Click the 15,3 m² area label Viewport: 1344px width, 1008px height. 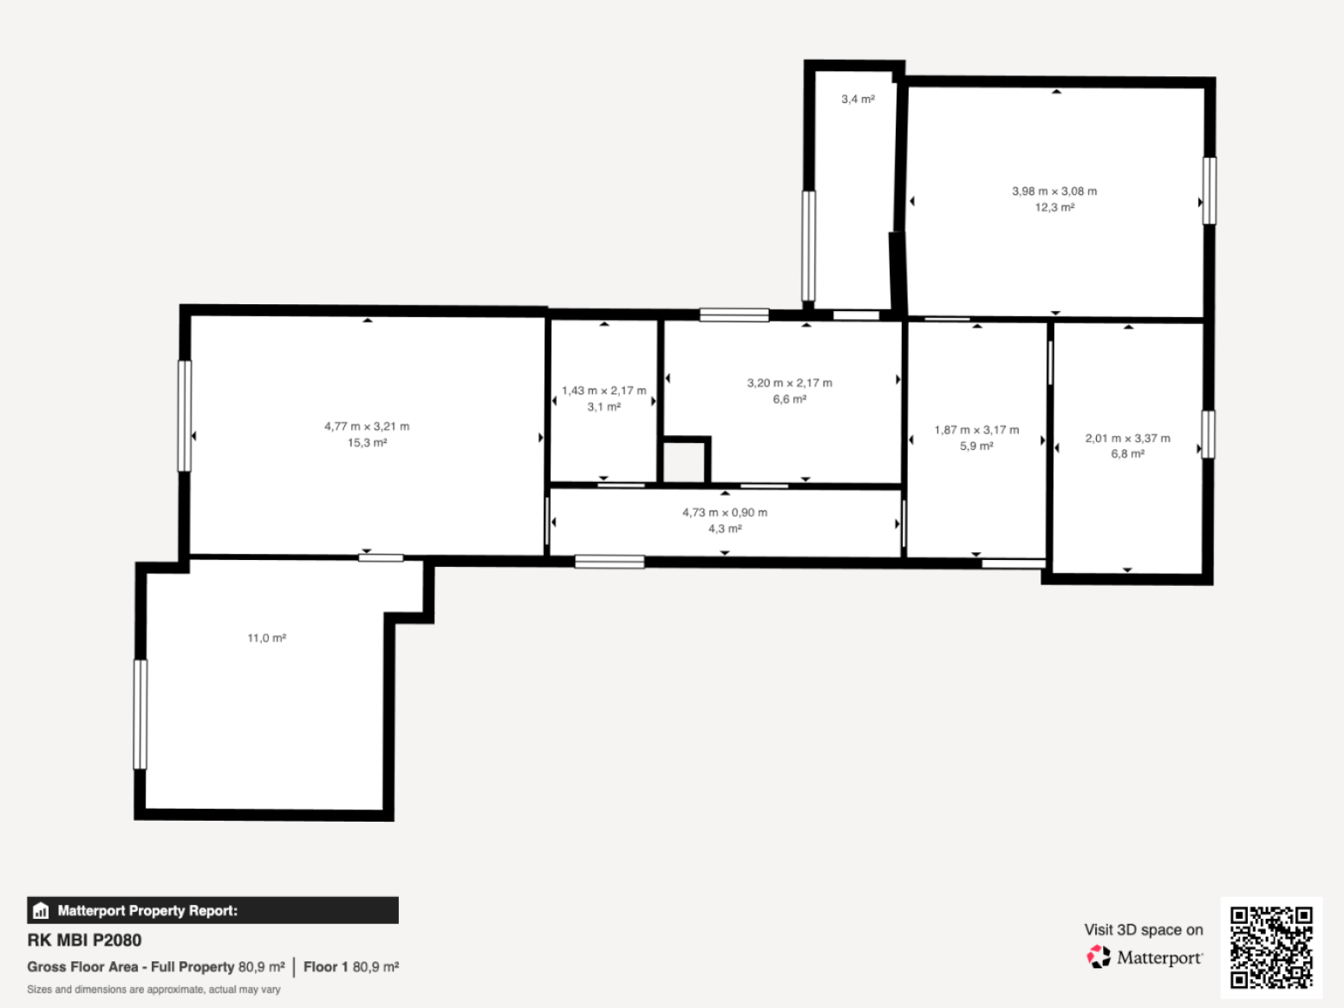coord(367,443)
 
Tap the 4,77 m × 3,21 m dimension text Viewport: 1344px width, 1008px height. coord(367,426)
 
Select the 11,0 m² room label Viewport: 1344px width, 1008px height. coord(266,638)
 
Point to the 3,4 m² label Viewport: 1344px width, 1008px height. coord(858,99)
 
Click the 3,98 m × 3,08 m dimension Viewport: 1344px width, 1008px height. coord(1054,192)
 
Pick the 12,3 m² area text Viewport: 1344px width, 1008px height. coord(1054,207)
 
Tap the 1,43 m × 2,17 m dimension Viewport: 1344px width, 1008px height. coord(603,391)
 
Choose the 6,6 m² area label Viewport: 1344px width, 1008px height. coord(789,399)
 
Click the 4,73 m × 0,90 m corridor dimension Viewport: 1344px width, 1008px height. coord(725,512)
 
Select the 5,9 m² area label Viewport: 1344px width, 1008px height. coord(976,446)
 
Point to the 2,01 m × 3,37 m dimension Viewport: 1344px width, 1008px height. coord(1128,439)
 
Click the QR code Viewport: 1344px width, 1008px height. coord(1271,946)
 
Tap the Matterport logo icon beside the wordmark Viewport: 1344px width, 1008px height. coord(1099,957)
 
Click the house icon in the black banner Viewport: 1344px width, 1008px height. coord(41,911)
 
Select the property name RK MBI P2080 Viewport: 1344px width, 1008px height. coord(84,940)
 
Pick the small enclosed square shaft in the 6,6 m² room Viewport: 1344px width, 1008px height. coord(684,462)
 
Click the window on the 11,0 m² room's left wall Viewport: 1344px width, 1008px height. coord(140,714)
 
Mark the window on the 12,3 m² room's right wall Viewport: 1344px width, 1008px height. coord(1210,191)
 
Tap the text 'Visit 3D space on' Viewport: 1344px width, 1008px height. coord(1144,930)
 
